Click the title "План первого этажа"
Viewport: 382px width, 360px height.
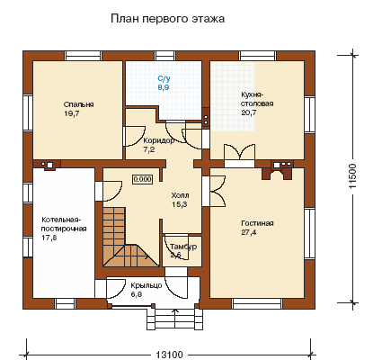coord(167,19)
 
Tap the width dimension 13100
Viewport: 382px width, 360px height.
coord(169,355)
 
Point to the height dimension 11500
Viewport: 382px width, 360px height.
coord(353,176)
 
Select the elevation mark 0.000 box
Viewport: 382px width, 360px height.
coord(142,179)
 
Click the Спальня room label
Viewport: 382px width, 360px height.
coord(78,104)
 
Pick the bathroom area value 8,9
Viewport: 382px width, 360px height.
coord(164,87)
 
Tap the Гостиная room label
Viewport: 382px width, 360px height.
coord(257,223)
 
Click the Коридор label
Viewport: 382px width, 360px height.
coord(158,140)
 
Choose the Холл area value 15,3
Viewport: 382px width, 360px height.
coord(180,204)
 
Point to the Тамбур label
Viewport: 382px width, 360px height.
coord(183,247)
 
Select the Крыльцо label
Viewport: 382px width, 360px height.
coord(147,285)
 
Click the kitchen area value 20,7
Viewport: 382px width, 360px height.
coord(249,112)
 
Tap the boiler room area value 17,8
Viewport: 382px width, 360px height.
coord(49,238)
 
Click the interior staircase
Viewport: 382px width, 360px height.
coord(130,237)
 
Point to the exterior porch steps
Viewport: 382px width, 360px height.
coord(174,319)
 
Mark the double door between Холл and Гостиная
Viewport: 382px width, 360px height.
coord(217,191)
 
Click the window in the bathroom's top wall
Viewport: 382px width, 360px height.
coord(165,56)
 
